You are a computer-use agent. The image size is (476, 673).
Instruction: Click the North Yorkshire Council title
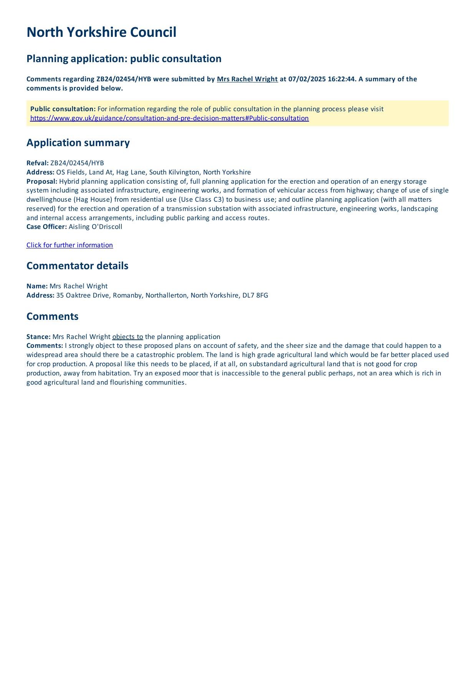coord(101,32)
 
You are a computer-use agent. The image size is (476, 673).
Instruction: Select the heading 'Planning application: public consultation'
coord(124,59)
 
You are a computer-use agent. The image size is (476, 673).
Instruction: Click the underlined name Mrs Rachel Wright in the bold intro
coord(247,79)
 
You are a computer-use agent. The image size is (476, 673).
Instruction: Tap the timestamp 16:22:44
coord(342,79)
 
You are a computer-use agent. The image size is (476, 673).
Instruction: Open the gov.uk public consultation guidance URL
coord(169,118)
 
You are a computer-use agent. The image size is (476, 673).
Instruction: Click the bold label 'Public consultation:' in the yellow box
coord(63,109)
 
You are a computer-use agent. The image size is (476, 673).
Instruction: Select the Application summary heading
coord(78,143)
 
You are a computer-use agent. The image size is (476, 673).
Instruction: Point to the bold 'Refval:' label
coord(38,163)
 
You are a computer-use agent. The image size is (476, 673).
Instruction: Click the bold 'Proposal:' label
coord(42,181)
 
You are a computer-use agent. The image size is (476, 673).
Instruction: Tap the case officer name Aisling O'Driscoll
coord(95,227)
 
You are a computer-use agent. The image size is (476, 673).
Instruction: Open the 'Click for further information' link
coord(69,245)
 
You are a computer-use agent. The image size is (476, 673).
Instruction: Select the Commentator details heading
coord(77,266)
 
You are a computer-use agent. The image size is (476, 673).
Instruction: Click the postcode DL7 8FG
coord(255,295)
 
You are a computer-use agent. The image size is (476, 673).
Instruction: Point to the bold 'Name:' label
coord(37,286)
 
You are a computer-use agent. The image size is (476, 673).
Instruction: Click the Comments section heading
coord(52,316)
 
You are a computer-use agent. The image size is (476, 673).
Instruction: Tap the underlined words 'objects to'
coord(127,337)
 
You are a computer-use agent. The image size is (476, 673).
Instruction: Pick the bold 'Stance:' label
coord(38,337)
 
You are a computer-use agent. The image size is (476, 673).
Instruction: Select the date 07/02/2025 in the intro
coord(307,79)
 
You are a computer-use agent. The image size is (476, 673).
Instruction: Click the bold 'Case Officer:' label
coord(46,227)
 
